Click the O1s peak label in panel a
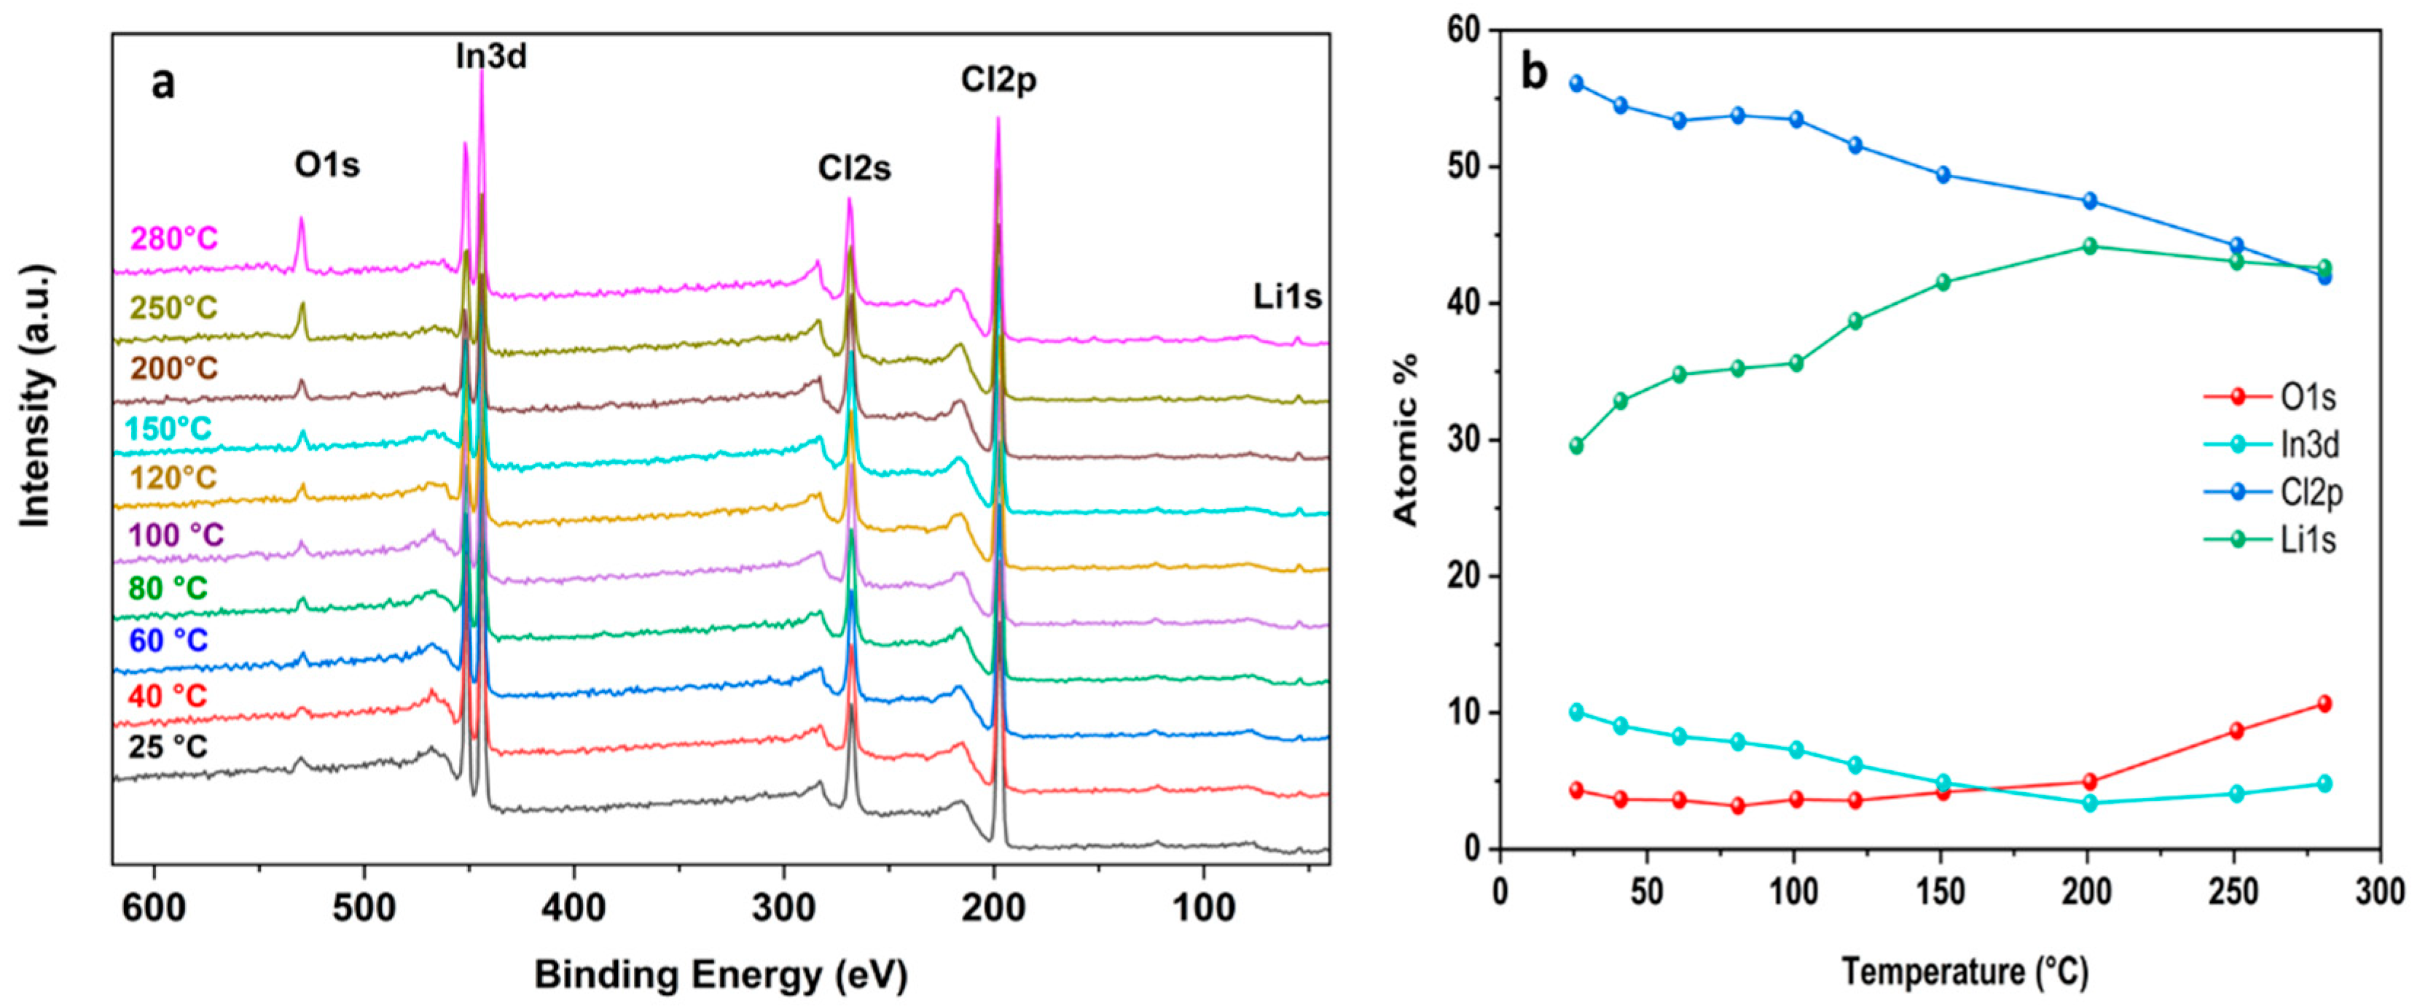[326, 166]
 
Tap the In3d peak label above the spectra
[492, 57]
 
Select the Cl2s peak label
[854, 168]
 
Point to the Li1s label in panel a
[1288, 297]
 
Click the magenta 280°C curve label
[174, 239]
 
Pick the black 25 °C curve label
[168, 747]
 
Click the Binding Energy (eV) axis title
[721, 975]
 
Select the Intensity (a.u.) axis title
[36, 396]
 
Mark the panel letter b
[1534, 73]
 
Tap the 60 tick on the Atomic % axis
[1467, 31]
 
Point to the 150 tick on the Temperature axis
[1941, 891]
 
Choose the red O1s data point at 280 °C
[2324, 704]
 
